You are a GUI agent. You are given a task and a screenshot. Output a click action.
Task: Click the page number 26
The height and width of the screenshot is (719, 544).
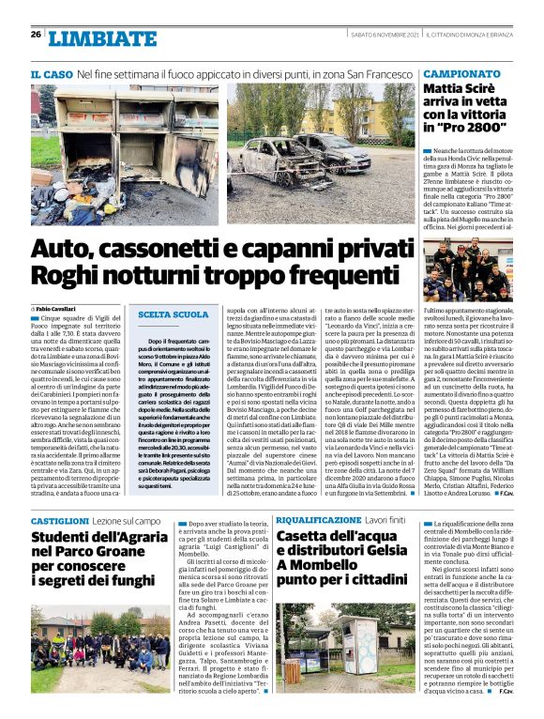(x=36, y=35)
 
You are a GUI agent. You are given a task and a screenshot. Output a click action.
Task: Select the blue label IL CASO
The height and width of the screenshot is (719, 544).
(x=51, y=73)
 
